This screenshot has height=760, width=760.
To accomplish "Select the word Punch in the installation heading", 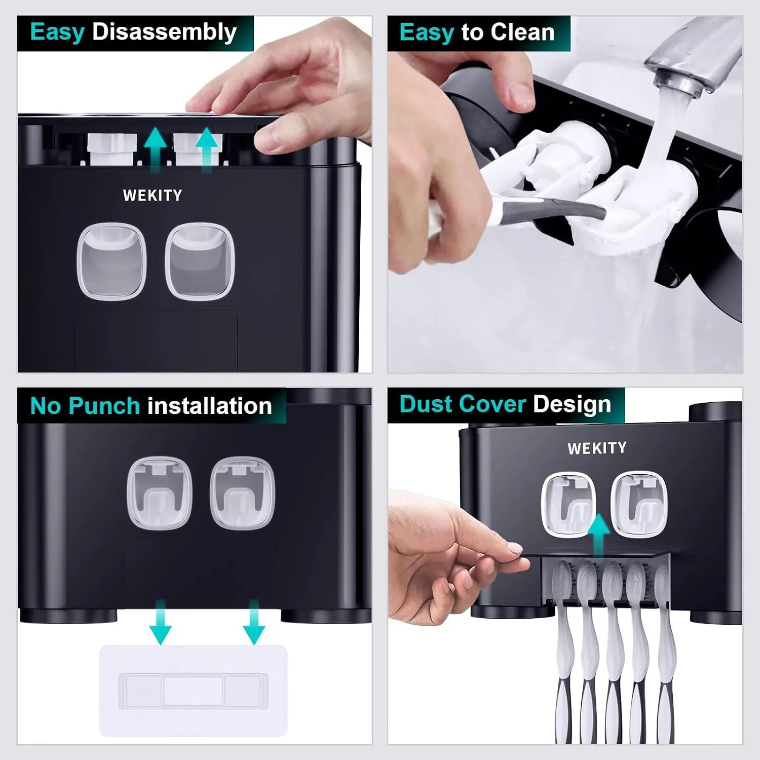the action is (104, 406).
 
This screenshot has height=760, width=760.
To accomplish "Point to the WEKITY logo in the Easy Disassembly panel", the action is (153, 196).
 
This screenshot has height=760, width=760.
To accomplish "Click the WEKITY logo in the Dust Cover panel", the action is (597, 448).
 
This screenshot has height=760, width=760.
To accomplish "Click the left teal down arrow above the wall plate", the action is (161, 622).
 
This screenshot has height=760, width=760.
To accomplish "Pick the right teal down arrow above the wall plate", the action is (254, 622).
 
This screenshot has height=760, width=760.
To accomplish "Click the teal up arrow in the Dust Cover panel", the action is (599, 536).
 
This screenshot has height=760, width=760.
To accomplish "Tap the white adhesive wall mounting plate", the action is (193, 690).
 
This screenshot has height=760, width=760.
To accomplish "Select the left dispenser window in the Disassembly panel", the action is (111, 260).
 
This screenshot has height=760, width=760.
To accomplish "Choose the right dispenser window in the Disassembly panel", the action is (200, 260).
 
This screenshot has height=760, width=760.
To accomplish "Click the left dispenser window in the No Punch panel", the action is (160, 492).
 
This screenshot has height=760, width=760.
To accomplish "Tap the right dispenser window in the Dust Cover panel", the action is (638, 504).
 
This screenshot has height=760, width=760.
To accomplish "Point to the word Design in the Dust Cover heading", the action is (572, 404).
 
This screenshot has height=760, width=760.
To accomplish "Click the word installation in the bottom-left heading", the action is (210, 406).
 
